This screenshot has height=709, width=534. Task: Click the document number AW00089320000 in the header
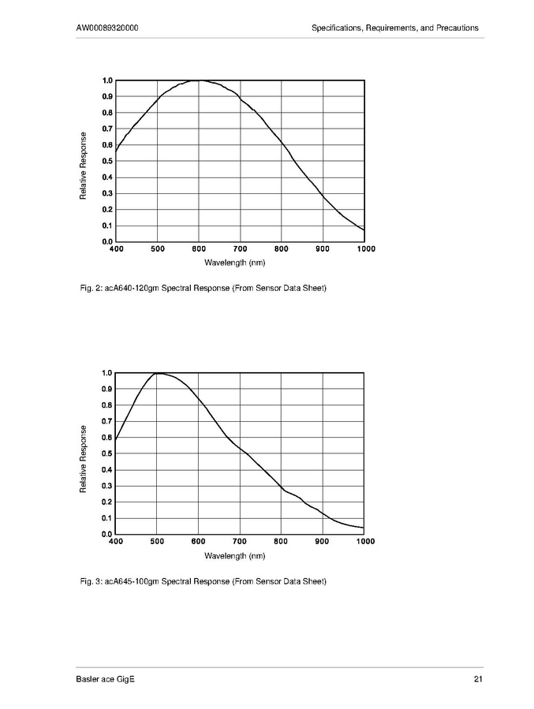(109, 28)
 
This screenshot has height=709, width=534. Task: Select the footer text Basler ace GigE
(105, 680)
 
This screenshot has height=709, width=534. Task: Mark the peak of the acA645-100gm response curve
(159, 373)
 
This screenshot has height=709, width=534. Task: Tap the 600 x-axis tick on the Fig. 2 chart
(199, 249)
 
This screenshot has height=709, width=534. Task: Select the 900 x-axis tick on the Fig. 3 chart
(323, 542)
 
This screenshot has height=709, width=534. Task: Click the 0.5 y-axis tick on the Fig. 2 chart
(107, 161)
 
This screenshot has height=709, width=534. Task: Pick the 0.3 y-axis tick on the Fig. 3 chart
(107, 486)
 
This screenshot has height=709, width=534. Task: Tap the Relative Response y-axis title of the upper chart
(84, 161)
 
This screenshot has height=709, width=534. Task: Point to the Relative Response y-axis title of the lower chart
(84, 454)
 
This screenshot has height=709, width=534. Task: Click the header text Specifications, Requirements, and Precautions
(395, 28)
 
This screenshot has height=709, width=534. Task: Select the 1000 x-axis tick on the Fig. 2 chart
(365, 249)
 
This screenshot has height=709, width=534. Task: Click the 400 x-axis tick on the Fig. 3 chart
(116, 542)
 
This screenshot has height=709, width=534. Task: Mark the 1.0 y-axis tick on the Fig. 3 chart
(107, 373)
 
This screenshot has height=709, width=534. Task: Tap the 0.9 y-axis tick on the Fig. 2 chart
(107, 96)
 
